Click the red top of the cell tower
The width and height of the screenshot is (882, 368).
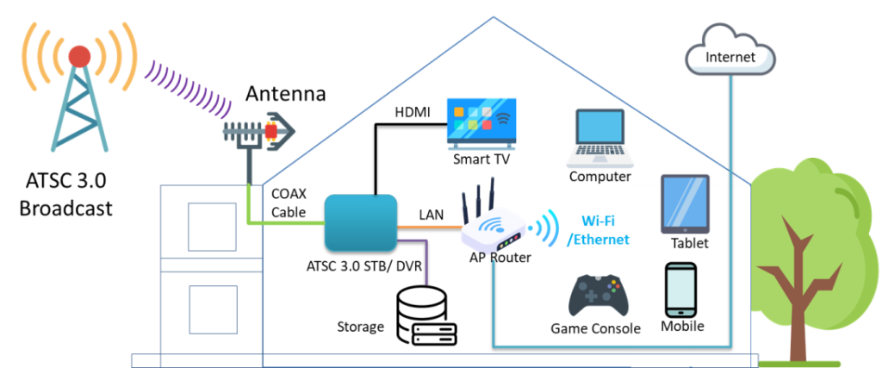(79, 56)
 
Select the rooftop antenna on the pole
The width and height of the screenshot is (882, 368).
(258, 132)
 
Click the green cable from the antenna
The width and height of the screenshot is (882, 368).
(284, 223)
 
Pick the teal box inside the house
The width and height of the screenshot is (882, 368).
(361, 222)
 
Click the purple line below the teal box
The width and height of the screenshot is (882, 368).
(425, 259)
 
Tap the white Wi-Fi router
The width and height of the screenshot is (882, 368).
(494, 231)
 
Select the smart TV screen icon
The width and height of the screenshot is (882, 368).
(482, 123)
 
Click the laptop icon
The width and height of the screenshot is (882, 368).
(600, 138)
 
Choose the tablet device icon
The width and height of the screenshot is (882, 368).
(685, 203)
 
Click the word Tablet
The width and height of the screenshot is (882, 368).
(689, 244)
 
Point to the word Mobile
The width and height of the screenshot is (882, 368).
(682, 327)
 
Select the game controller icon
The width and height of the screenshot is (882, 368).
(598, 296)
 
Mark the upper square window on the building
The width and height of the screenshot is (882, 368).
(212, 226)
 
